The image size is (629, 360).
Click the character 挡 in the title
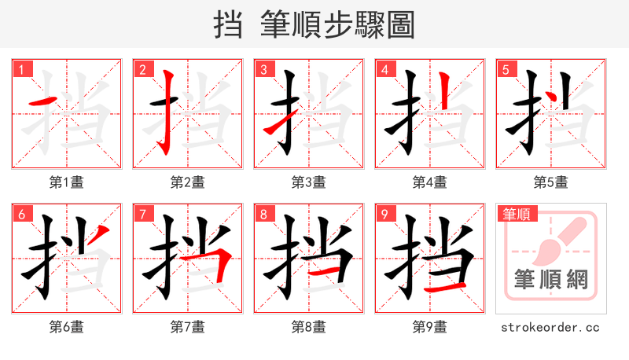pos(228,25)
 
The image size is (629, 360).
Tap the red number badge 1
pos(21,69)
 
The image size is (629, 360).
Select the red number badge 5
pos(506,69)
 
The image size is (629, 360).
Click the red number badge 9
pos(384,214)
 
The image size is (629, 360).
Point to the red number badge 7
pos(142,214)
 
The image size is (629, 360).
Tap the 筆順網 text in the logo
pos(550,280)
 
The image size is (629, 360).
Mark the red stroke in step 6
pos(103,234)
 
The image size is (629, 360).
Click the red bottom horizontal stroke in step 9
pos(444,289)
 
